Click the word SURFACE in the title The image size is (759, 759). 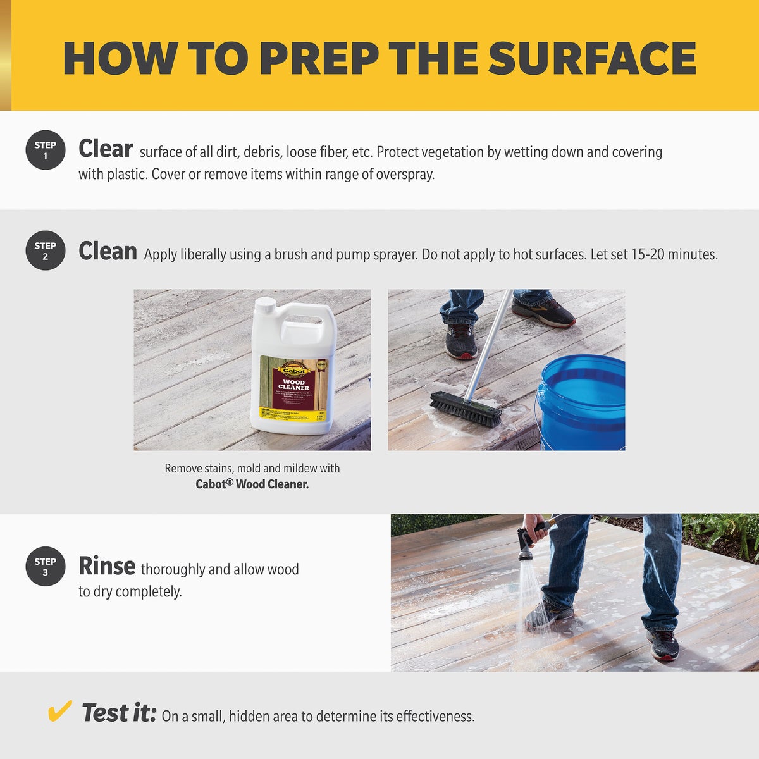(592, 59)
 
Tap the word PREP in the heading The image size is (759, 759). (319, 59)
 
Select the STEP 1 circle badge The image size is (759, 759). (45, 151)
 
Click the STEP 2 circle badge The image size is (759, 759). (45, 250)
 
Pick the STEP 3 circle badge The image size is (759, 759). (45, 566)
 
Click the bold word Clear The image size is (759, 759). (105, 149)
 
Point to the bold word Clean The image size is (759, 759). (108, 251)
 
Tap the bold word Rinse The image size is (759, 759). (106, 566)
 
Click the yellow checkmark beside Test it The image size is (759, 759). (59, 712)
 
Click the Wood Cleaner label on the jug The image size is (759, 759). (293, 385)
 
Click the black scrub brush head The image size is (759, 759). (466, 409)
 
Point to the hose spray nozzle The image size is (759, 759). (526, 545)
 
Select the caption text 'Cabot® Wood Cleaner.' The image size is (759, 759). (252, 484)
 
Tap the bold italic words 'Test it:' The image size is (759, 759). (119, 713)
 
